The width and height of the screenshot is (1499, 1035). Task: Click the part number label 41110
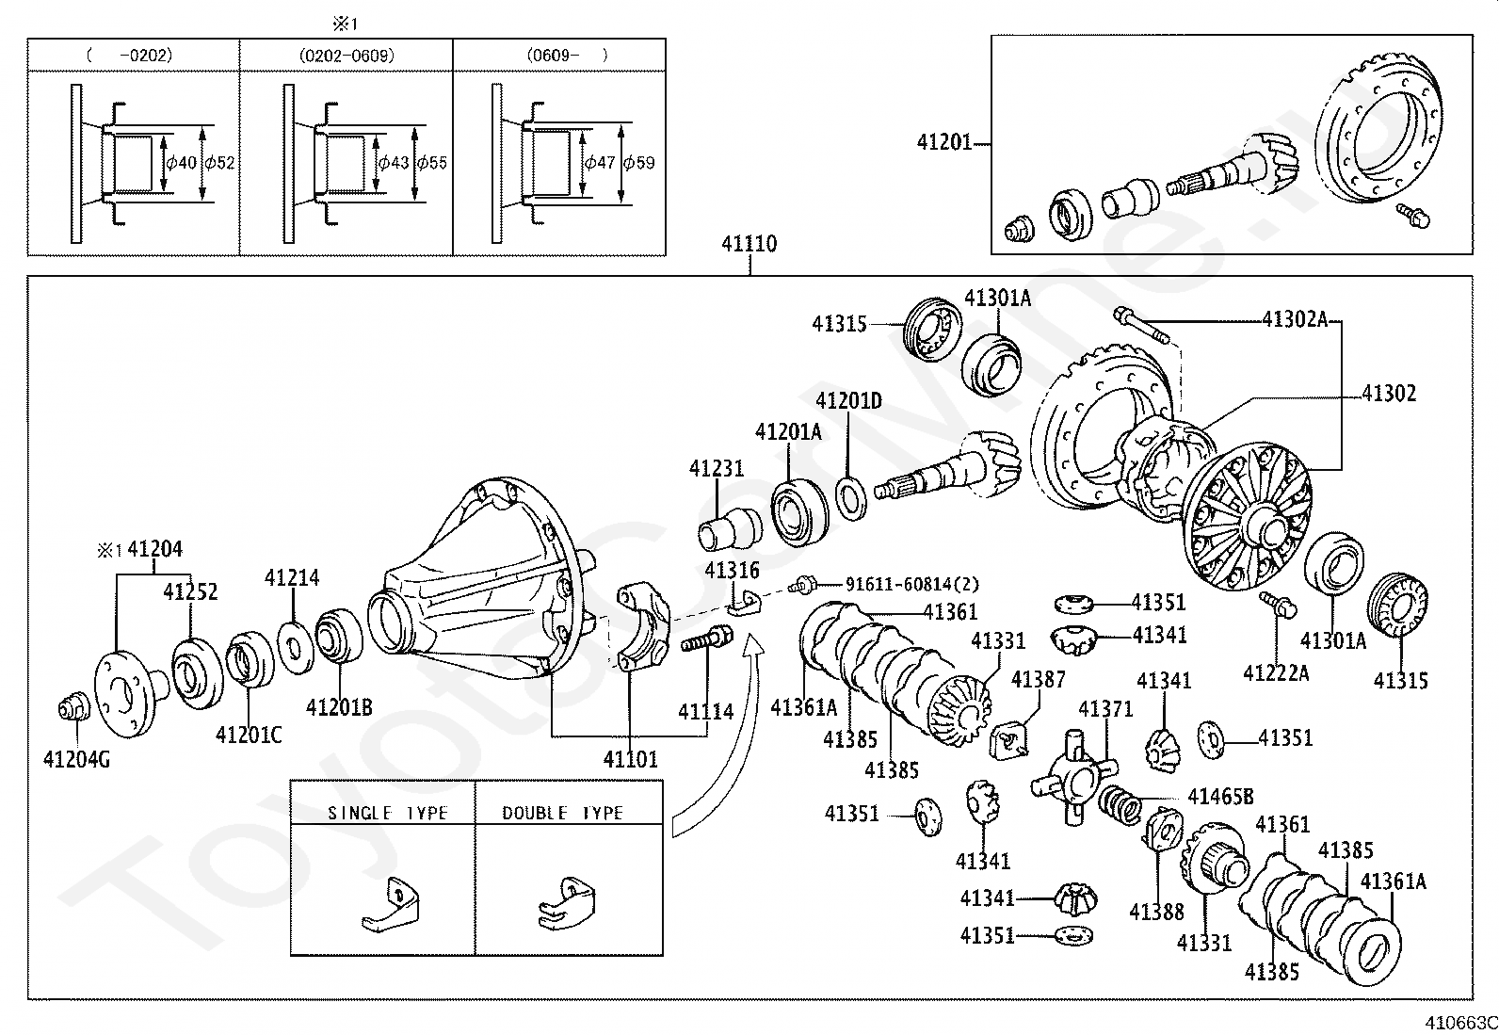(749, 244)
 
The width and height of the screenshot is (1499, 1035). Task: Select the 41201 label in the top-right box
(944, 143)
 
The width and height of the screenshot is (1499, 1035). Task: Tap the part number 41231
(716, 468)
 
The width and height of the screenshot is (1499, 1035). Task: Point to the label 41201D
(848, 401)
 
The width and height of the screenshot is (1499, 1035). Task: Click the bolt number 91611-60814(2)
(912, 584)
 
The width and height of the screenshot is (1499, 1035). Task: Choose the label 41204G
(76, 759)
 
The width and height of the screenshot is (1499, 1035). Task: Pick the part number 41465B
(1220, 797)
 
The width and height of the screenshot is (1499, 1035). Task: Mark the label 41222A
(1276, 672)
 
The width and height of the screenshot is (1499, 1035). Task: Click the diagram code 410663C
(1460, 1022)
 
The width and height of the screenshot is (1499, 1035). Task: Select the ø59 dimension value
(639, 163)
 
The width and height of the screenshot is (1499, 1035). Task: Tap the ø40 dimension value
(181, 163)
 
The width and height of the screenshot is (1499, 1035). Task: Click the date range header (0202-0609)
(347, 56)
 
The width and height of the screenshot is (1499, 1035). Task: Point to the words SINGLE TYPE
(387, 813)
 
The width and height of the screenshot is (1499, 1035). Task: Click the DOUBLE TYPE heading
(562, 813)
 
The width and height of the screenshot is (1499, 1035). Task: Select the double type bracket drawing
(567, 901)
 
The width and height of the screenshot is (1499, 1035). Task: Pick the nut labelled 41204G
(72, 708)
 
